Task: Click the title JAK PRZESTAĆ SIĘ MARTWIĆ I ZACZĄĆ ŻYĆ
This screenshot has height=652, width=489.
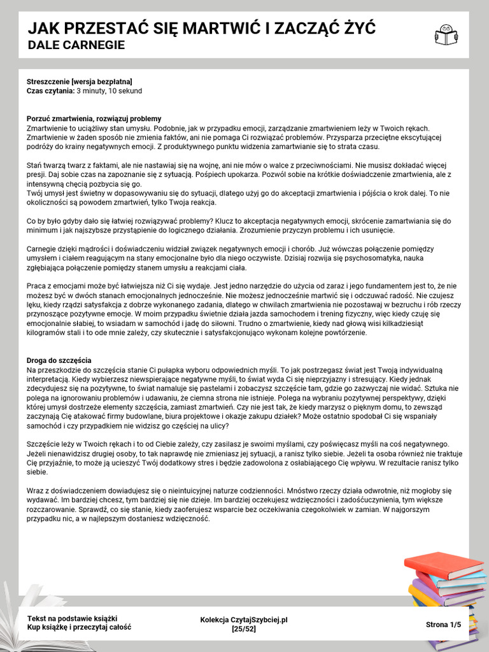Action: coord(201,29)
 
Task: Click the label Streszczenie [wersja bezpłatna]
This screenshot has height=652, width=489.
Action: coord(80,81)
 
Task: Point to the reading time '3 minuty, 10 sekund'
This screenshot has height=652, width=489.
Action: coord(109,90)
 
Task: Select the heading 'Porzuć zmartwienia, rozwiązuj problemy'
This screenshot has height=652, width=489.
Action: coord(94,118)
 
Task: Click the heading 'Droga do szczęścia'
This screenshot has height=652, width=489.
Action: coord(59,360)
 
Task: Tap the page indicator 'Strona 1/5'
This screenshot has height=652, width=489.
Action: coord(443,625)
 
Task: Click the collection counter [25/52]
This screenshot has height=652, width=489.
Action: coord(244,628)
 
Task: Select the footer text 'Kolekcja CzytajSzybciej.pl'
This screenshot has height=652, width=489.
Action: coord(244,620)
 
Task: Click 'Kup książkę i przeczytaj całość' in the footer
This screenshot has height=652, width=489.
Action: coord(79,627)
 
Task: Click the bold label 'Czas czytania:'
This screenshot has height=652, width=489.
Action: coord(51,90)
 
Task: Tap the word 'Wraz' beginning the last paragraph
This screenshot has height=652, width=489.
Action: coord(36,491)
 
